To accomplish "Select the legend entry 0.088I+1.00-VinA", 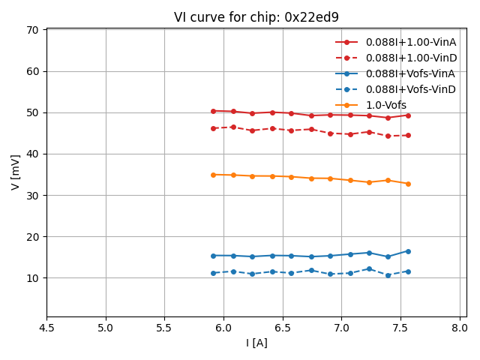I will click(x=411, y=42).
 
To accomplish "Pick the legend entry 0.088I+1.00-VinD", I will click(x=411, y=58).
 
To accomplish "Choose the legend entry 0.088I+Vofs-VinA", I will click(x=411, y=73).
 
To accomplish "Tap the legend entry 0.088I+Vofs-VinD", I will click(x=411, y=89).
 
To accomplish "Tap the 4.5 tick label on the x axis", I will click(x=46, y=328).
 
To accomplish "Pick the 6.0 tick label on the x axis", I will click(x=223, y=328).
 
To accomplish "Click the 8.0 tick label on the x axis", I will click(x=459, y=328).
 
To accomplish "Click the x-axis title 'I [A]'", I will click(x=256, y=343).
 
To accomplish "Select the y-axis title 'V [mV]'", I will click(x=16, y=172).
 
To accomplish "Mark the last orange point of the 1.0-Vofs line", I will click(x=408, y=184).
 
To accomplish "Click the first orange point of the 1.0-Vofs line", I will click(x=213, y=175).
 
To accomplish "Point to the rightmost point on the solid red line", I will click(x=408, y=115).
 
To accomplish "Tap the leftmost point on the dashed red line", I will click(x=213, y=128).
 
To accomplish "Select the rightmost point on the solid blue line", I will click(x=408, y=251).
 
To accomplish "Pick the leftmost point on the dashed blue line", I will click(x=213, y=273).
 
